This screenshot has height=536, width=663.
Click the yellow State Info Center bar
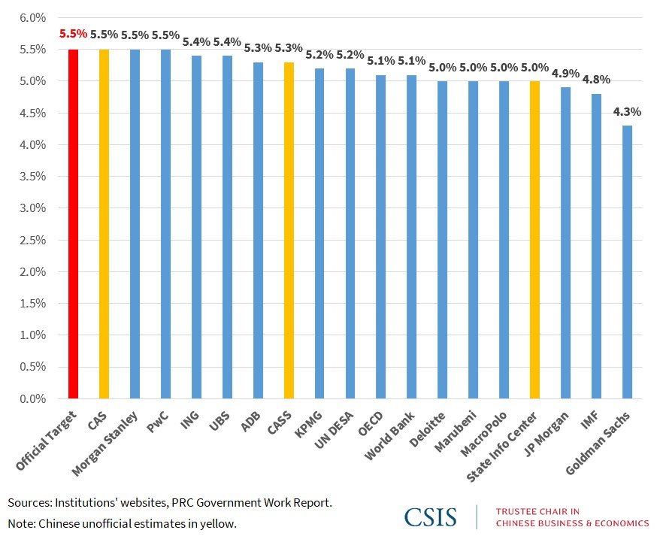[x=534, y=240]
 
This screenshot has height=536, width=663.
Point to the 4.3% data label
[x=627, y=112]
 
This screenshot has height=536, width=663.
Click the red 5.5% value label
[x=73, y=35]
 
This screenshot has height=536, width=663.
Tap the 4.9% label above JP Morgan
[x=565, y=74]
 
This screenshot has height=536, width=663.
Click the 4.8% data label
[x=596, y=80]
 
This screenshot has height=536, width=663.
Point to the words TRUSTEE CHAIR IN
[x=537, y=511]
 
